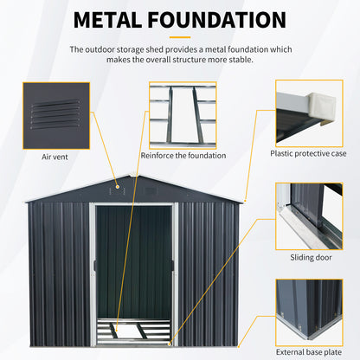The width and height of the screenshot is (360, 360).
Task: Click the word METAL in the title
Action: click(117, 20)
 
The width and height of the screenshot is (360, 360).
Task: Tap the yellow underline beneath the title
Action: click(179, 37)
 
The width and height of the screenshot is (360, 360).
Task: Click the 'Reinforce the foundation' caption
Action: click(182, 156)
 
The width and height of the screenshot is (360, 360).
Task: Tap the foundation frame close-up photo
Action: click(182, 115)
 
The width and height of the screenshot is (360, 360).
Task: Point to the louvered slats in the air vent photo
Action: click(54, 113)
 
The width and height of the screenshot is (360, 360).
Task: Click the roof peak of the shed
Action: click(138, 177)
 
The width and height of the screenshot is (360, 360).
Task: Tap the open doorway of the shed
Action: click(133, 260)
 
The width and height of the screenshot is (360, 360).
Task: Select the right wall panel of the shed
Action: click(212, 268)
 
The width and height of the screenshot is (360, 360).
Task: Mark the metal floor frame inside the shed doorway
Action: click(134, 330)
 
